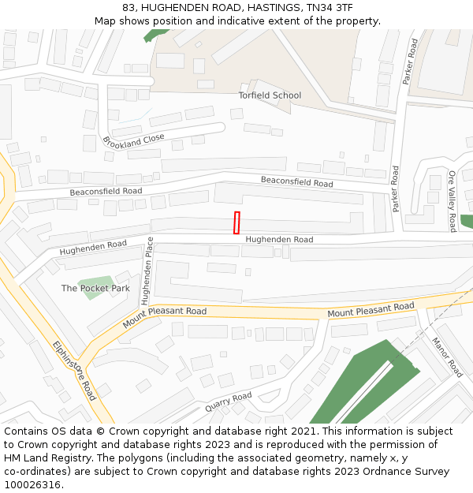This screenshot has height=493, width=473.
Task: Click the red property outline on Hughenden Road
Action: [x=236, y=222]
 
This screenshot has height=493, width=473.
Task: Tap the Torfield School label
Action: [x=270, y=95]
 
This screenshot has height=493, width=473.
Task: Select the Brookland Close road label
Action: [x=133, y=140]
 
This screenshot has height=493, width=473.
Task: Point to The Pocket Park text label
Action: [x=95, y=288]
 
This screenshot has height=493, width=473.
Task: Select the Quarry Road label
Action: [x=228, y=401]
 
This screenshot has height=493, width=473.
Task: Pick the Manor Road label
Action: [x=446, y=357]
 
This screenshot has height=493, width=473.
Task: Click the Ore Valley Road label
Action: [x=453, y=200]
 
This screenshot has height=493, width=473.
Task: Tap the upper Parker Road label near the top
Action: [x=409, y=62]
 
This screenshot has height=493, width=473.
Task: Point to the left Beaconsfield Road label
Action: [x=106, y=192]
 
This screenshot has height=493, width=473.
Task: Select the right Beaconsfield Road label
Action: [x=297, y=182]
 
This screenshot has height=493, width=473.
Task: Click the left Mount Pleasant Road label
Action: [x=165, y=318]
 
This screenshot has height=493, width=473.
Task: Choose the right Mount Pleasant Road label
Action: [x=371, y=309]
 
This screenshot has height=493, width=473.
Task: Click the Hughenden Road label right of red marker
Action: [x=279, y=239]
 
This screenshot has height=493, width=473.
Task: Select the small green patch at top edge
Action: [x=156, y=35]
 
